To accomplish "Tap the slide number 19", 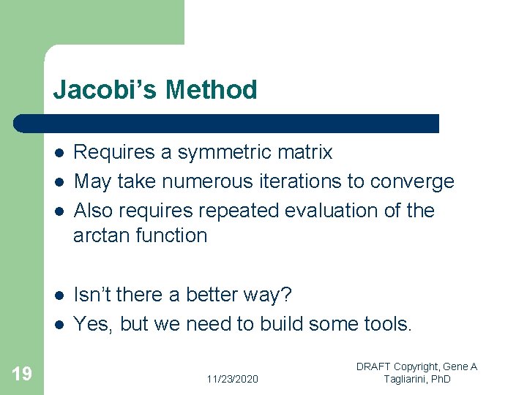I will coord(22,375).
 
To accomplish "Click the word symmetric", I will coord(222,152).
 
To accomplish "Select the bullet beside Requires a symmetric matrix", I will coord(59,153).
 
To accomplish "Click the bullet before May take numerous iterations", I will coord(59,181).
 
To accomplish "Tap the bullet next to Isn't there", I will coord(59,295).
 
